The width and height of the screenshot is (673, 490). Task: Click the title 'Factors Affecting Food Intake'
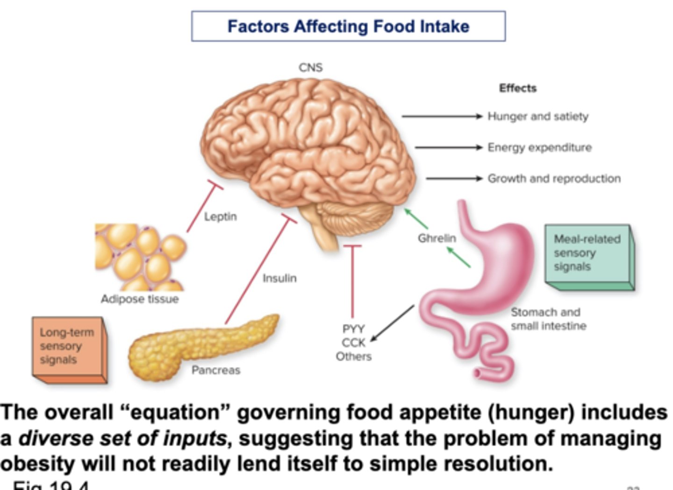click(x=348, y=26)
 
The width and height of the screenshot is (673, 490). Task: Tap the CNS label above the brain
click(x=310, y=67)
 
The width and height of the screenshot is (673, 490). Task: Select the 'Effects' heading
click(x=517, y=88)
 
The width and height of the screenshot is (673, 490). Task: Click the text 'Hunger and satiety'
click(x=537, y=116)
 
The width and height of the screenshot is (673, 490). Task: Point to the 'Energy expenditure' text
click(x=539, y=147)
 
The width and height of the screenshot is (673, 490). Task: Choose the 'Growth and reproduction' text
click(x=554, y=178)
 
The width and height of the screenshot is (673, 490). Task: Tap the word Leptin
click(x=220, y=216)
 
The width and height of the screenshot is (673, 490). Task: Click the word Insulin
click(x=279, y=278)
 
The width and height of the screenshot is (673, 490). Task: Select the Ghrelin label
click(x=437, y=238)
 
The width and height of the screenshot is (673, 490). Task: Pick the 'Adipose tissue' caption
click(x=140, y=299)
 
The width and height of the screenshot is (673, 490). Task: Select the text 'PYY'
click(x=353, y=329)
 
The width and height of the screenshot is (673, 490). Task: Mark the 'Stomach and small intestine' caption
click(x=548, y=319)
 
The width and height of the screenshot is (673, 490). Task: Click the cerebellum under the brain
click(x=355, y=217)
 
